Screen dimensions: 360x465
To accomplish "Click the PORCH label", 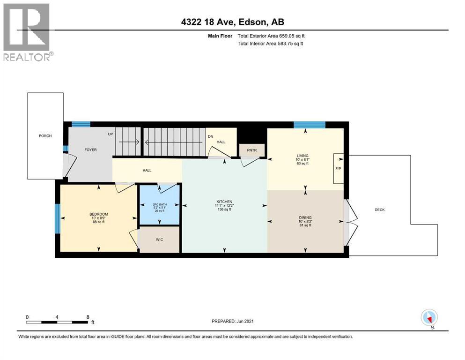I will tap(45, 136).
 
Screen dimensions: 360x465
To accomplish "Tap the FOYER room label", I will tap(90, 150).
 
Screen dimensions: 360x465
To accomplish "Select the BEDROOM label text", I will tap(99, 215).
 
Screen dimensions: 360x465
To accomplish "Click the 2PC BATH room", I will tap(160, 206).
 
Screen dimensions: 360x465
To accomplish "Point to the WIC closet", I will tap(160, 239).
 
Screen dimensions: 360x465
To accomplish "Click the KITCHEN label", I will tap(224, 202).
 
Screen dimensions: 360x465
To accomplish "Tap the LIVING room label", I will tap(303, 156).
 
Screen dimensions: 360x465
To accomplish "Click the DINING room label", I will tap(305, 217).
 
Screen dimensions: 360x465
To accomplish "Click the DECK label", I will tap(380, 210).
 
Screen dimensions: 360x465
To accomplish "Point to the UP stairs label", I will tap(111, 134).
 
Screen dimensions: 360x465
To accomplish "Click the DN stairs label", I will tap(210, 136).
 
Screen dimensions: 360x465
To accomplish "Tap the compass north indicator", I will tap(429, 318).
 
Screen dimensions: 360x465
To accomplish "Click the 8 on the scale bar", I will tap(88, 317).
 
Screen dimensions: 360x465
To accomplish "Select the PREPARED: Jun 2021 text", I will tap(233, 321).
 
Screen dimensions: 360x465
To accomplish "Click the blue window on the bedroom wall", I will tap(58, 218).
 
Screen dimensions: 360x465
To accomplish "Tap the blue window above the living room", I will tap(309, 124).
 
